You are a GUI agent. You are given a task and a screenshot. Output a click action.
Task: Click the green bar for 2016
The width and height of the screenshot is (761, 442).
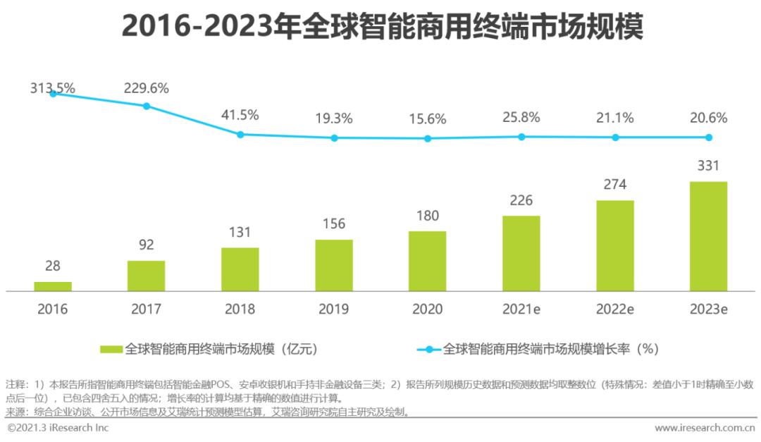point(53,286)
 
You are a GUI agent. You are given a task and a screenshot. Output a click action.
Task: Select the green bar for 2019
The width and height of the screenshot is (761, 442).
point(334,265)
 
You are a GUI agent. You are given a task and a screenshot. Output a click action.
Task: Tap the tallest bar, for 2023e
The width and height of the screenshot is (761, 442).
point(708,236)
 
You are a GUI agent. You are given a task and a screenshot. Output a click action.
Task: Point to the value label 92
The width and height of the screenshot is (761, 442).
point(146,245)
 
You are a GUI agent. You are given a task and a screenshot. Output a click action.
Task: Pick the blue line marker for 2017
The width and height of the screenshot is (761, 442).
point(147,106)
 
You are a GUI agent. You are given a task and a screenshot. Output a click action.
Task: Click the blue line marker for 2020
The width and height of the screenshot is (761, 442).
point(427,138)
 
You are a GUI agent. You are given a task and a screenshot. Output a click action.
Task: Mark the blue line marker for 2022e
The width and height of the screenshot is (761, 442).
point(615,137)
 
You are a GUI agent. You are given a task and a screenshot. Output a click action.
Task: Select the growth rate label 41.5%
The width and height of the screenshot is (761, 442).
point(240,114)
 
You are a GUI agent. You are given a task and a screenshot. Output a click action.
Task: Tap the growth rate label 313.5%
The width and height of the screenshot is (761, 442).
point(53,88)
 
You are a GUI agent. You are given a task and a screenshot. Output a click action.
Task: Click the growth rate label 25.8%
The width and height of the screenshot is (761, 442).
point(521,117)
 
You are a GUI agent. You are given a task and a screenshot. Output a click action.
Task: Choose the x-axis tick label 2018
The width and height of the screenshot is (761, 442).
point(240,309)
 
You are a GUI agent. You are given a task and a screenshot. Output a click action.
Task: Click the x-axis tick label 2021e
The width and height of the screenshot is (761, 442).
point(521,309)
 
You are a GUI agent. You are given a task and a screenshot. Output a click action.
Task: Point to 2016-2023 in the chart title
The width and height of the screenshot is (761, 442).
point(201,27)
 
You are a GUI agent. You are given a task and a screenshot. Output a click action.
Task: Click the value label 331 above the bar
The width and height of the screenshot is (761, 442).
point(708,166)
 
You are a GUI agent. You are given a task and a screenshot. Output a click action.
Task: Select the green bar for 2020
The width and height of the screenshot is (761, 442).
point(427,261)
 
